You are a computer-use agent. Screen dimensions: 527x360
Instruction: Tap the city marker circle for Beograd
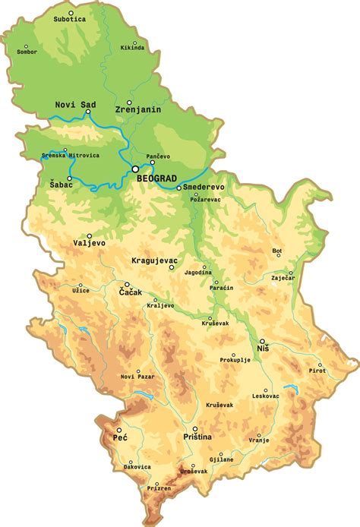(x=135, y=169)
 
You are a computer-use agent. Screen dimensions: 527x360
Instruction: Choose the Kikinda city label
(x=133, y=47)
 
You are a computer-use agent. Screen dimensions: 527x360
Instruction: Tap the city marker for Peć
(x=118, y=429)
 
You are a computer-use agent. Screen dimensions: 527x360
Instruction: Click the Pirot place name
(x=317, y=371)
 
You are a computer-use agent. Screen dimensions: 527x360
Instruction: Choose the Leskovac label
(x=267, y=396)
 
